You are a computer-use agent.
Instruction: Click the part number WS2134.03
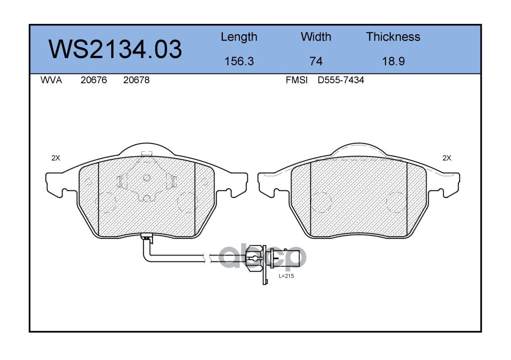pyautogui.click(x=115, y=49)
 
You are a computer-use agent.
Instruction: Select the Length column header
pyautogui.click(x=239, y=37)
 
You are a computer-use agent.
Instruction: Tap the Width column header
pyautogui.click(x=316, y=36)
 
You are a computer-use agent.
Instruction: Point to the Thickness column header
pyautogui.click(x=393, y=36)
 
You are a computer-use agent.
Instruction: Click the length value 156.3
pyautogui.click(x=239, y=61)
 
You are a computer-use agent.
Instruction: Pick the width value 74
pyautogui.click(x=316, y=61)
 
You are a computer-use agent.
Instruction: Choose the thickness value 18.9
pyautogui.click(x=393, y=61)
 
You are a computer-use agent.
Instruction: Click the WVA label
pyautogui.click(x=51, y=80)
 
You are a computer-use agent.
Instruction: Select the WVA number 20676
pyautogui.click(x=94, y=80)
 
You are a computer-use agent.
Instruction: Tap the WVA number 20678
pyautogui.click(x=136, y=80)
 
